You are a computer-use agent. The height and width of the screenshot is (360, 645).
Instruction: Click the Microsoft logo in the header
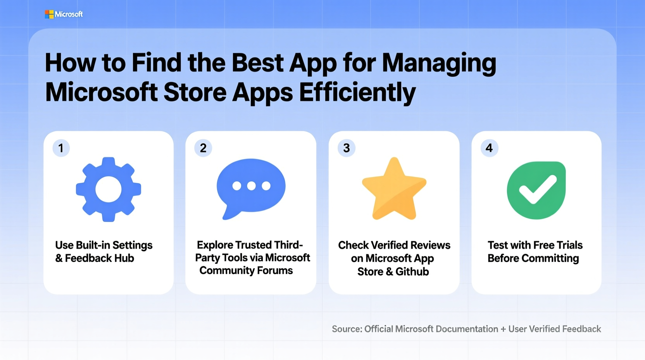pos(64,14)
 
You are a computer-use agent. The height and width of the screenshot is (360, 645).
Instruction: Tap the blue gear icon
pos(109,189)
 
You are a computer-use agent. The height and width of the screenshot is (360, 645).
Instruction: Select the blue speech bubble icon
pos(251,188)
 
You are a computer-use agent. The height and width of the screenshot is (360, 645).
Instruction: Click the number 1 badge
pos(61,148)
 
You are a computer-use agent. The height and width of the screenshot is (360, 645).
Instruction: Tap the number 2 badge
pos(203,148)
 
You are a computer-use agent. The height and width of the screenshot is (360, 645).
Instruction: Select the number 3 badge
pos(347,148)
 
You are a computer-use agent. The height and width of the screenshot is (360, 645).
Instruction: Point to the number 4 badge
pos(489,148)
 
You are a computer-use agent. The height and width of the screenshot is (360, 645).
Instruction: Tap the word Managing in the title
pos(439,63)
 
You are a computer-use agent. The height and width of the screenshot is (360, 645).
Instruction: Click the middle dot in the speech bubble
pos(251,186)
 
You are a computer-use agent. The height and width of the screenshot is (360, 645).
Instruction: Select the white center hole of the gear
pos(109,189)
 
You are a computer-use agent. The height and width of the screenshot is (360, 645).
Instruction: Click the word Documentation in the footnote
pos(467,329)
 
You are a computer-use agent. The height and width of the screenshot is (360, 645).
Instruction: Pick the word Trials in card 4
pos(569,245)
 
